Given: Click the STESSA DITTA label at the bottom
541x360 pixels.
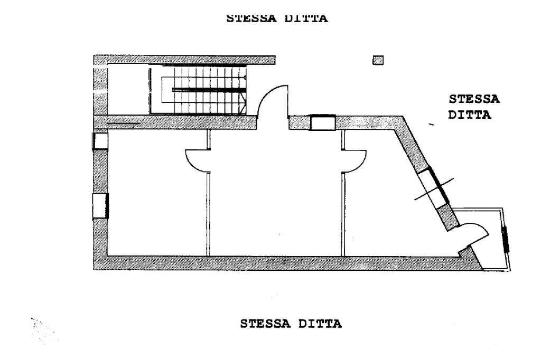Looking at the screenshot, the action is pos(291,324).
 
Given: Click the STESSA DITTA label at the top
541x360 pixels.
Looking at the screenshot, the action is pos(277,18).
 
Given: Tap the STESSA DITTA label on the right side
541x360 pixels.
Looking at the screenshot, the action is pos(474,107).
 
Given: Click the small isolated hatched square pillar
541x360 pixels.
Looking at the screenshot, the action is pos(378,60).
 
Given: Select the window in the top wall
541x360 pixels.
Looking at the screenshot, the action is pos(323,123).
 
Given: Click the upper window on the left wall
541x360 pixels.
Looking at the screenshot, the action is pos(100,141).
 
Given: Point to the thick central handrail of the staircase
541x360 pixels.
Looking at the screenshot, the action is pos(209,90).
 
